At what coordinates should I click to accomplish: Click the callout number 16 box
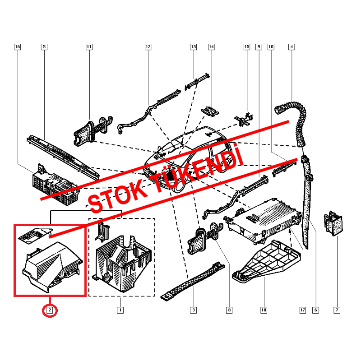18,46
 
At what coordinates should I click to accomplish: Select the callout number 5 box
44,46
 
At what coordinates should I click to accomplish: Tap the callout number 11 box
89,46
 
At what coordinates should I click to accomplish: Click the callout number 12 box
148,46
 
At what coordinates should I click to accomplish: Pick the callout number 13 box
193,46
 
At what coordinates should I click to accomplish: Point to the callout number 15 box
247,46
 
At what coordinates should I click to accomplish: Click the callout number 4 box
292,46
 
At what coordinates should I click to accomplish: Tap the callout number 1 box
120,310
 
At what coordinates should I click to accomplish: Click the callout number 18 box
264,310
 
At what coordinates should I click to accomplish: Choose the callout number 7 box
337,310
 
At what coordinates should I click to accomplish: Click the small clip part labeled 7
333,224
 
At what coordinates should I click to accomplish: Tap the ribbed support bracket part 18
266,262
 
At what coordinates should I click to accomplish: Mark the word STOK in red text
115,196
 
